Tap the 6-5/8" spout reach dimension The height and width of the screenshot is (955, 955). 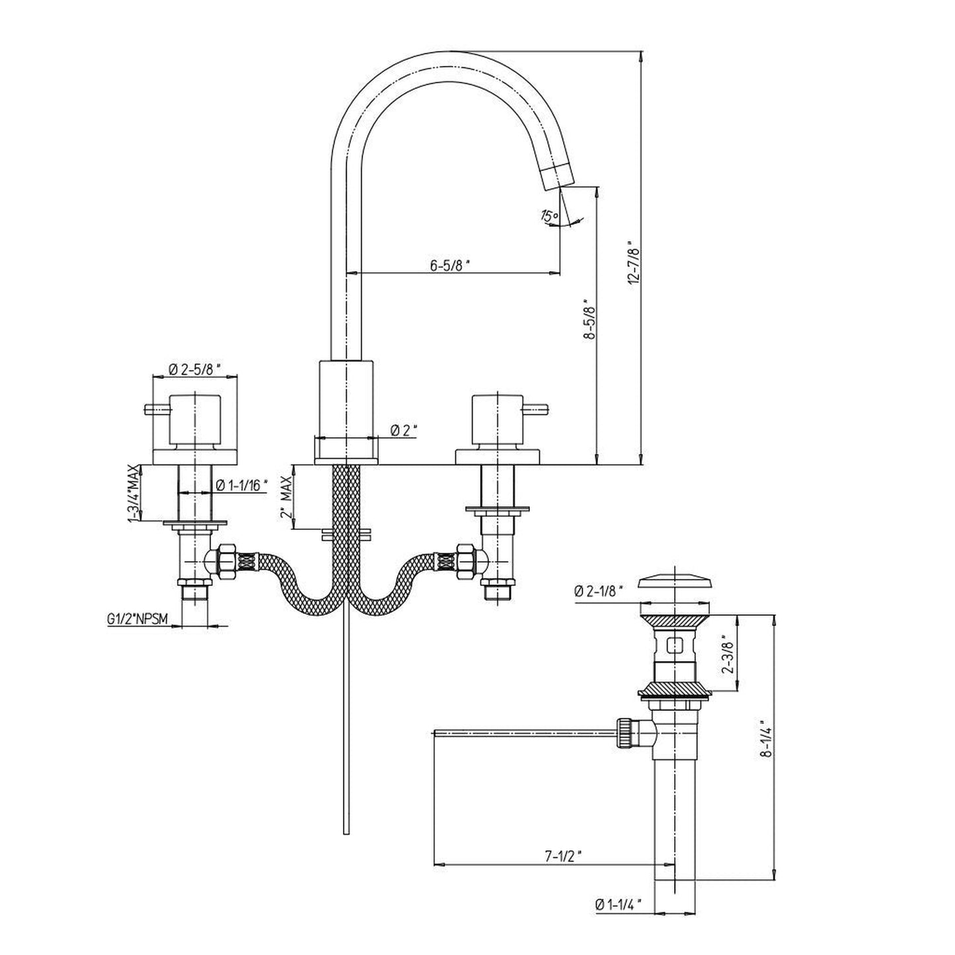click(450, 266)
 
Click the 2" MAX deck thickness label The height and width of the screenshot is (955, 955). click(286, 496)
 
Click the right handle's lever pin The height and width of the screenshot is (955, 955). click(537, 408)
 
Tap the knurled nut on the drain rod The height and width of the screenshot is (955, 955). click(623, 732)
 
